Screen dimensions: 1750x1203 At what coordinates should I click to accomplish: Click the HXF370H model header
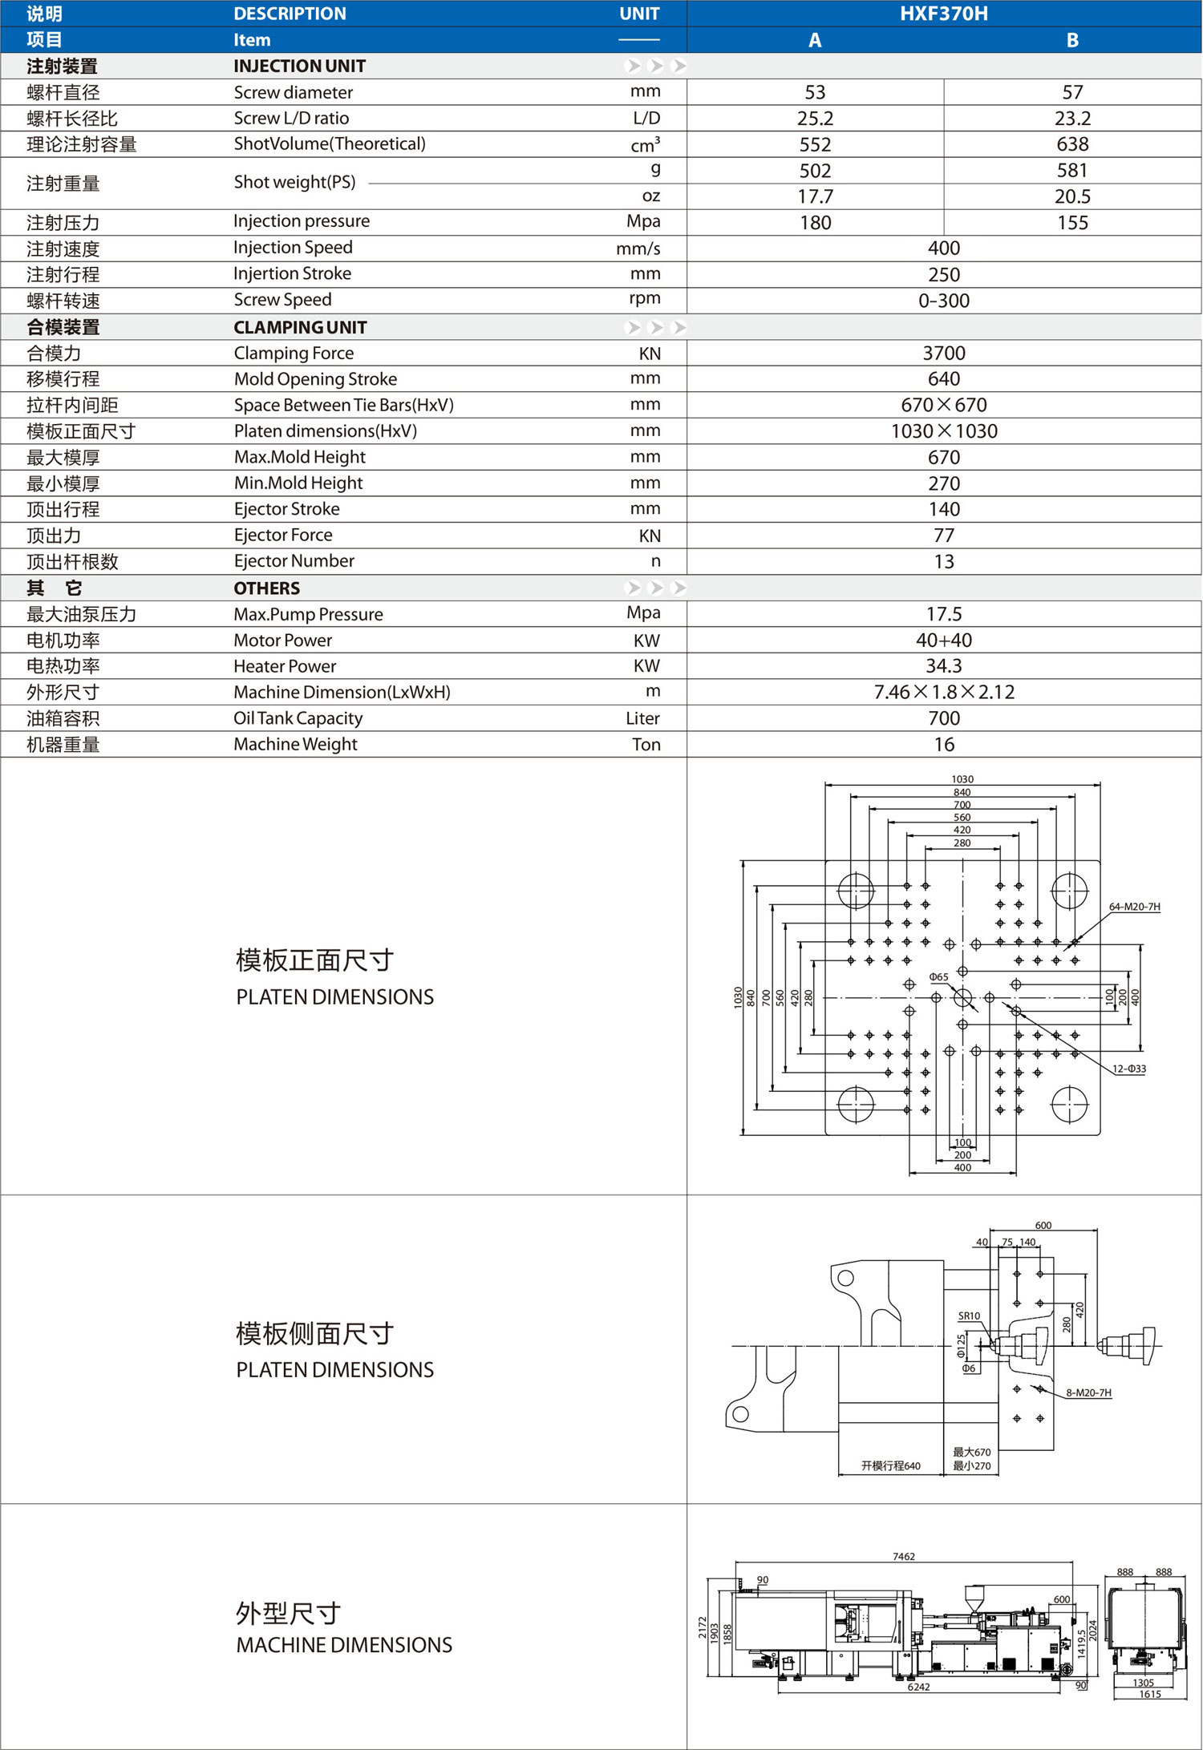click(x=943, y=14)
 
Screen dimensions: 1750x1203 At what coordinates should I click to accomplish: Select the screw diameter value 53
click(x=815, y=92)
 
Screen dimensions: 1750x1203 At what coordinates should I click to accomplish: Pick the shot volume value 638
click(x=1072, y=144)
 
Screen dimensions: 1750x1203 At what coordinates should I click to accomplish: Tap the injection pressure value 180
click(x=815, y=223)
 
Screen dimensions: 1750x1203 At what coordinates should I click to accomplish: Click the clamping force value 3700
click(x=944, y=354)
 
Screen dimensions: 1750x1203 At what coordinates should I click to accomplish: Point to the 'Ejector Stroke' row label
click(x=286, y=509)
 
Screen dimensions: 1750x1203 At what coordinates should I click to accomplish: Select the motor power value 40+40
click(x=944, y=641)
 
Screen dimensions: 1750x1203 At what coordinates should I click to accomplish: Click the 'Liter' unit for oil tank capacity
click(x=643, y=718)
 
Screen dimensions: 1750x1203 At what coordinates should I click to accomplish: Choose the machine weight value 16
click(x=944, y=745)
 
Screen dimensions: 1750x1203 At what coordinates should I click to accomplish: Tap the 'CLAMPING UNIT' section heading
click(x=300, y=327)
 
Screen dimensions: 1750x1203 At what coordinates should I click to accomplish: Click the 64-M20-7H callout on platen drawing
click(x=1134, y=907)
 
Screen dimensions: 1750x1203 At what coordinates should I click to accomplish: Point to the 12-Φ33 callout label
click(x=1128, y=1069)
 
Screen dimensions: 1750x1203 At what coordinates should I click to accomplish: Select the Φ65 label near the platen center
click(x=938, y=977)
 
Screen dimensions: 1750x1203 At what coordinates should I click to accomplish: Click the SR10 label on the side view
click(x=969, y=1316)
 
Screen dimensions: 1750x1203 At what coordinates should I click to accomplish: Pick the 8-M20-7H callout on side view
click(x=1088, y=1392)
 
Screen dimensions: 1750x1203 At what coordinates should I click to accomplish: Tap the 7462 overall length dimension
click(x=903, y=1556)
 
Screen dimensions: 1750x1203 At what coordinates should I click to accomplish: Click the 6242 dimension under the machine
click(x=918, y=1687)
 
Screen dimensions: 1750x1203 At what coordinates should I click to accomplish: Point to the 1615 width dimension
click(x=1150, y=1694)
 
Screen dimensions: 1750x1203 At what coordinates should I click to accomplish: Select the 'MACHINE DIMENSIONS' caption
click(x=344, y=1645)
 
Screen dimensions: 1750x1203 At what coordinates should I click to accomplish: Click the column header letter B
click(x=1072, y=40)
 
